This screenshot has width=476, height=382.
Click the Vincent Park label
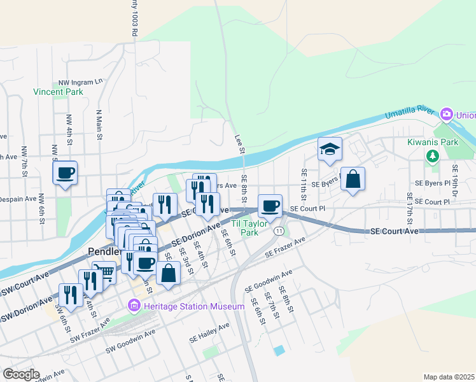click(58, 92)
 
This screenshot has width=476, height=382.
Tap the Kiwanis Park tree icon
click(433, 155)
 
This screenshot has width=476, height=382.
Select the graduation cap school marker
click(330, 150)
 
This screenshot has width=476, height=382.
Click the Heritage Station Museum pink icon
click(134, 307)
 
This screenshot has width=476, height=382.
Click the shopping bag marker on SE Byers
click(353, 180)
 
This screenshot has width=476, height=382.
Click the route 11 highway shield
click(279, 230)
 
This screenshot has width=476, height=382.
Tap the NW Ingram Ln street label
click(80, 82)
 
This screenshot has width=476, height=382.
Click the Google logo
click(21, 374)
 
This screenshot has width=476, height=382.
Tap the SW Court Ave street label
click(24, 286)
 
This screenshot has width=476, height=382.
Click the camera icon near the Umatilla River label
click(447, 115)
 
